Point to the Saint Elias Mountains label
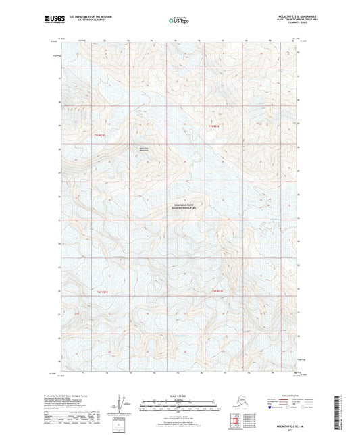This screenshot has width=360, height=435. [143, 149]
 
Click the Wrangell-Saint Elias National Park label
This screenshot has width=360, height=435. [187, 209]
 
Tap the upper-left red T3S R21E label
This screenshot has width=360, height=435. [100, 135]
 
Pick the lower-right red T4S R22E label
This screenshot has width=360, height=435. [217, 290]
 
